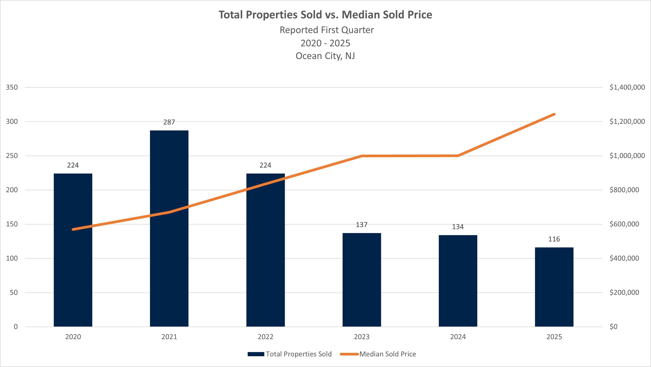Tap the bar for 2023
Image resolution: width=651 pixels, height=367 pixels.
click(362, 280)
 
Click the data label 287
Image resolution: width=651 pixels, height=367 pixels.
click(169, 122)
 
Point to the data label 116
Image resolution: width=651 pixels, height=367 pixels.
click(554, 239)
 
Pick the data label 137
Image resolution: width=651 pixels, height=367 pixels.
click(362, 225)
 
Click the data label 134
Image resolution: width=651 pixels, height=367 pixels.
click(458, 227)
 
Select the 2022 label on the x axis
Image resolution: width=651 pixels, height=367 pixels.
click(265, 337)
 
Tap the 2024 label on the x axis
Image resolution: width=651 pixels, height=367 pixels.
click(458, 337)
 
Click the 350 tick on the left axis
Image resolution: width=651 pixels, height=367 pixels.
click(12, 87)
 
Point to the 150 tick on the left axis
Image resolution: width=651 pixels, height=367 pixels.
click(12, 224)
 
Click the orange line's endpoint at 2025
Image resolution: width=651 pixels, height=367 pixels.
click(554, 114)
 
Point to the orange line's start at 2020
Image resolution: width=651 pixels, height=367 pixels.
click(73, 229)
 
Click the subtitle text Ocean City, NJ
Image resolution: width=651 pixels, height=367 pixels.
click(325, 56)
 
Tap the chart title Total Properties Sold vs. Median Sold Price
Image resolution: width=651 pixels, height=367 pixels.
click(325, 15)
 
